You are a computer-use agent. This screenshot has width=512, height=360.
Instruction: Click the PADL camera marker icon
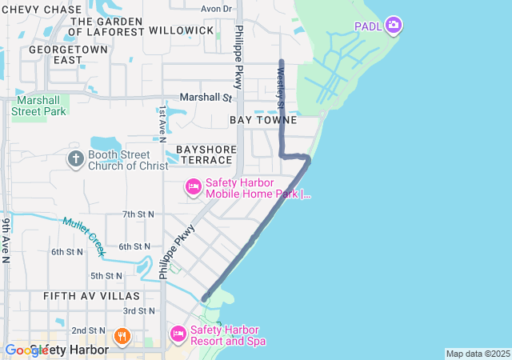[x=393, y=26]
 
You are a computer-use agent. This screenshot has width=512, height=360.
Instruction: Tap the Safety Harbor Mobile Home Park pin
[x=193, y=187]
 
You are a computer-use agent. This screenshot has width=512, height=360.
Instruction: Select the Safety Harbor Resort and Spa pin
[x=178, y=332]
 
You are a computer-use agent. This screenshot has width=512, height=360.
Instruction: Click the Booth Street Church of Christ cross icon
[x=75, y=158]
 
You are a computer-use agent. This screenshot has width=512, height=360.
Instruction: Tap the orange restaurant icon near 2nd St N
[x=122, y=335]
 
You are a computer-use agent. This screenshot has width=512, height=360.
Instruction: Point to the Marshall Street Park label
[x=38, y=106]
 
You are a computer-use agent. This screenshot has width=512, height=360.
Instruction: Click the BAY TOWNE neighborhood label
[x=263, y=120]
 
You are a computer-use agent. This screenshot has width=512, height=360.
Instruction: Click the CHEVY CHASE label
[x=42, y=9]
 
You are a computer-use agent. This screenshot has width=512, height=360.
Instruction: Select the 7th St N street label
[x=138, y=214]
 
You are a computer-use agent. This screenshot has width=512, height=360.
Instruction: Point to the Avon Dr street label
[x=216, y=9]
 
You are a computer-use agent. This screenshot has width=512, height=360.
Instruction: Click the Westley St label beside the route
[x=280, y=88]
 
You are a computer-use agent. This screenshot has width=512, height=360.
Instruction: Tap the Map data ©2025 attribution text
[x=478, y=354]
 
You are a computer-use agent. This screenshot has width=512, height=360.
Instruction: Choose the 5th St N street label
[x=106, y=275]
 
